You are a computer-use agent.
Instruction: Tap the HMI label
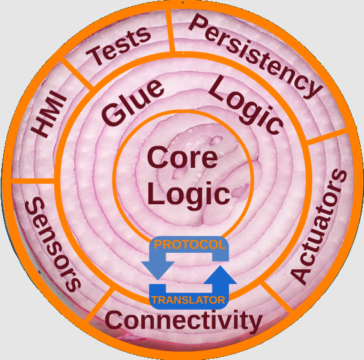click(x=49, y=114)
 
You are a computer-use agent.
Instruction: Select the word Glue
click(x=133, y=102)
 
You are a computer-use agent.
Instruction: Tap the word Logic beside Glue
click(x=246, y=105)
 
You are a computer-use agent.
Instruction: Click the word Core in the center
click(x=183, y=158)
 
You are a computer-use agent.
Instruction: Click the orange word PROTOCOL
click(x=190, y=244)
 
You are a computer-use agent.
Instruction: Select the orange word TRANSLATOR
click(x=188, y=300)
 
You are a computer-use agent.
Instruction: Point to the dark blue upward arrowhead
click(x=220, y=275)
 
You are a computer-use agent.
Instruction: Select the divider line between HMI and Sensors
click(x=33, y=181)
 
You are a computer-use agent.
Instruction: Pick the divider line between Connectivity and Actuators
click(x=277, y=296)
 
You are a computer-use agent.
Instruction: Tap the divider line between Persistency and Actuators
click(x=327, y=137)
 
